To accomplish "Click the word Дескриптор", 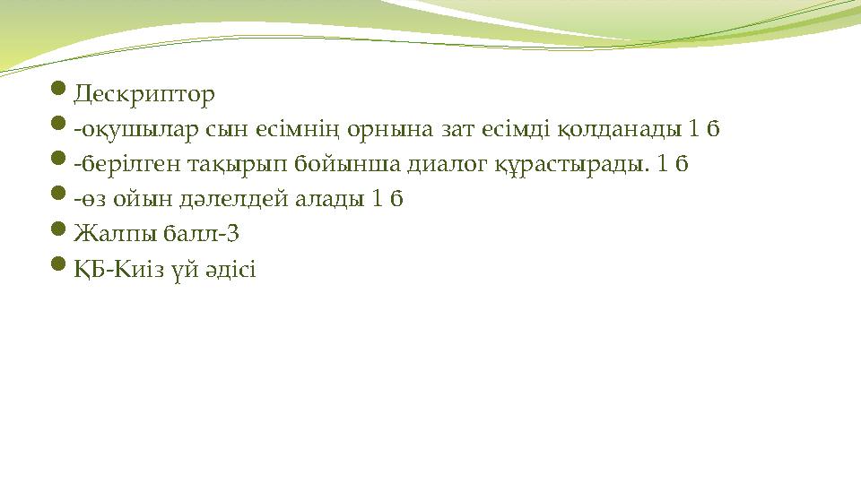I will [x=144, y=93].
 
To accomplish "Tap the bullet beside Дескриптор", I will [x=58, y=91].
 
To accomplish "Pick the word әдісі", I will [x=234, y=269].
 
